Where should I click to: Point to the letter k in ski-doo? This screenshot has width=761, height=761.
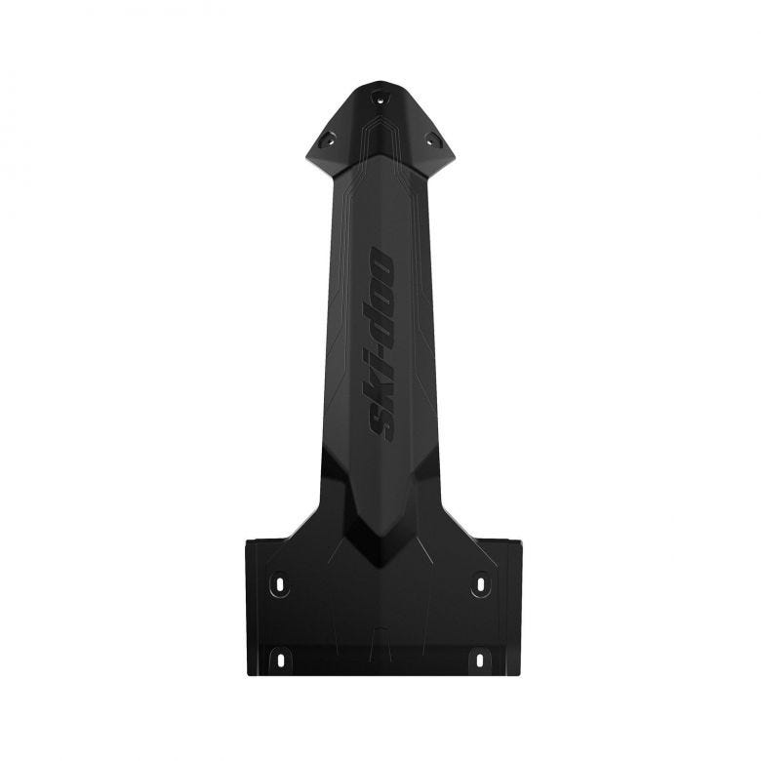pos(380,388)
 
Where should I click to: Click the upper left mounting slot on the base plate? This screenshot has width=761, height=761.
pos(280,584)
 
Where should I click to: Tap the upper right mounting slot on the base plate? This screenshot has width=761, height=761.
pos(480,584)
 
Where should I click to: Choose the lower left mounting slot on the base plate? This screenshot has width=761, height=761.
pos(280,660)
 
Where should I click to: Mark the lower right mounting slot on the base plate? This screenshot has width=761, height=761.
pos(480,660)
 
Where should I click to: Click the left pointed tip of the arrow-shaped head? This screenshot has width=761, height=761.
pos(308,156)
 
